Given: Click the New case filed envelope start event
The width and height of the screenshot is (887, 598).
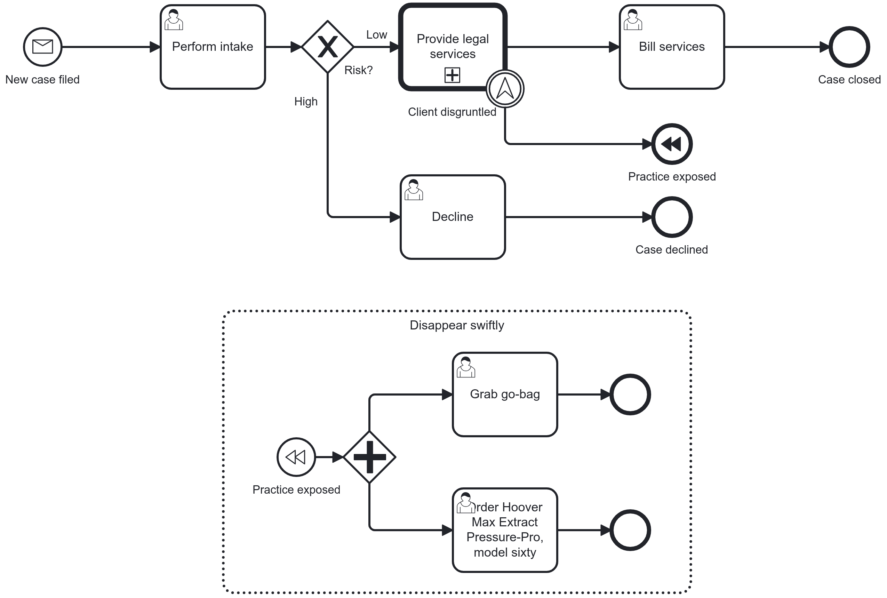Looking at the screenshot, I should tap(42, 47).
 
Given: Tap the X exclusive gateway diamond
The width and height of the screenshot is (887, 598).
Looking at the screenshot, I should tap(328, 47).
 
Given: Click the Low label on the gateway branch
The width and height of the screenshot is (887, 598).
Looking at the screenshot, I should tap(376, 35).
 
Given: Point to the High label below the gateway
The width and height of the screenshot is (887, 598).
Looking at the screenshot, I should tap(305, 102).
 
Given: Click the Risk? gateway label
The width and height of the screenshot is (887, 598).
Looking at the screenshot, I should tap(358, 70).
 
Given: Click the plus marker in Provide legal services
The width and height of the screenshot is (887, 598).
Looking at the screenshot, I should tap(452, 75).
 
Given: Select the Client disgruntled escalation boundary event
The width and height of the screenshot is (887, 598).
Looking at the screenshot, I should tap(505, 88).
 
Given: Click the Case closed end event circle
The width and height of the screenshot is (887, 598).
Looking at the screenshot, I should tap(849, 47).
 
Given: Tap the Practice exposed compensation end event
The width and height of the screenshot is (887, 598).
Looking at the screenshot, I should tap(672, 144).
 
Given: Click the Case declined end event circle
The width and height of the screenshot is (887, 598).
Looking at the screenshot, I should tap(672, 217).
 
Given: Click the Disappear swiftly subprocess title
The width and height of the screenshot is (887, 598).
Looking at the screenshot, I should tap(456, 325).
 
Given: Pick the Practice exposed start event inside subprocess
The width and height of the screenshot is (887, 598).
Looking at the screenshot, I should tap(296, 457).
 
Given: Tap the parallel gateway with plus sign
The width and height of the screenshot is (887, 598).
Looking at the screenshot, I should tap(369, 457).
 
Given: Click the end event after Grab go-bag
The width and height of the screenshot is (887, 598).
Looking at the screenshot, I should tap(630, 394).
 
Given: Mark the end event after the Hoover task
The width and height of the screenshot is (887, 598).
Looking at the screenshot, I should tap(630, 530).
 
